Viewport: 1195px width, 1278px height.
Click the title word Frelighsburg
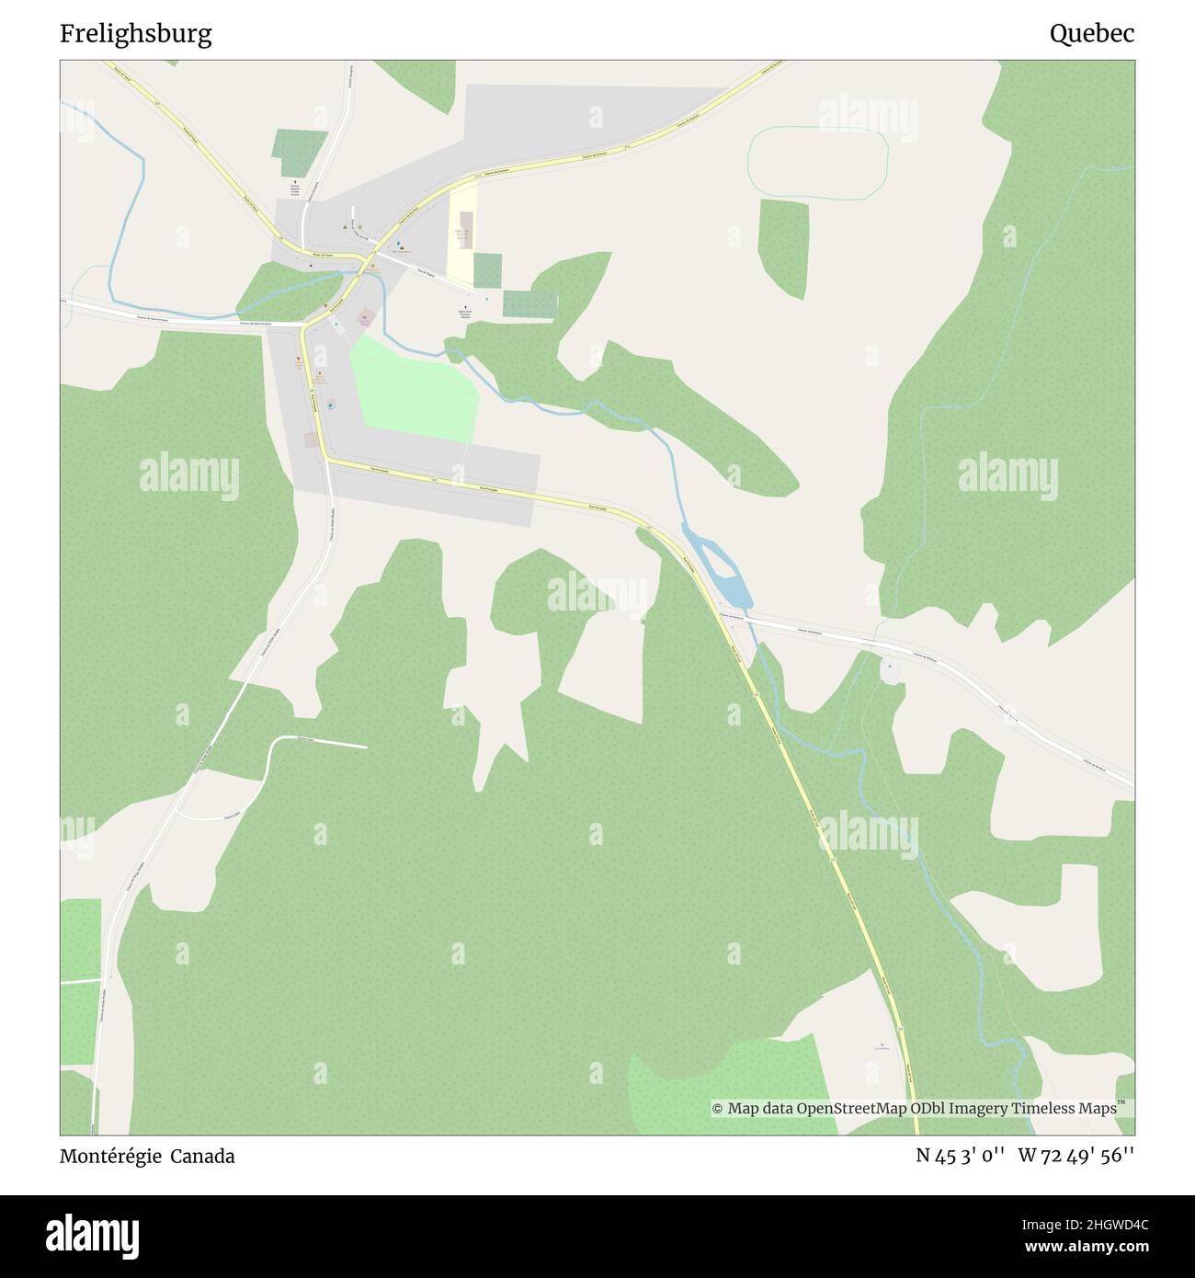136,35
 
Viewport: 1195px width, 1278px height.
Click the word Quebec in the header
1092,35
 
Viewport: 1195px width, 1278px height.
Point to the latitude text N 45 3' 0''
959,1157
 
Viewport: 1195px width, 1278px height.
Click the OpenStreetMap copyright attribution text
915,1109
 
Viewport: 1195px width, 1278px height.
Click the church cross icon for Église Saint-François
465,307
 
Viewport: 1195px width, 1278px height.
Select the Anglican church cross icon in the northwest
295,183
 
